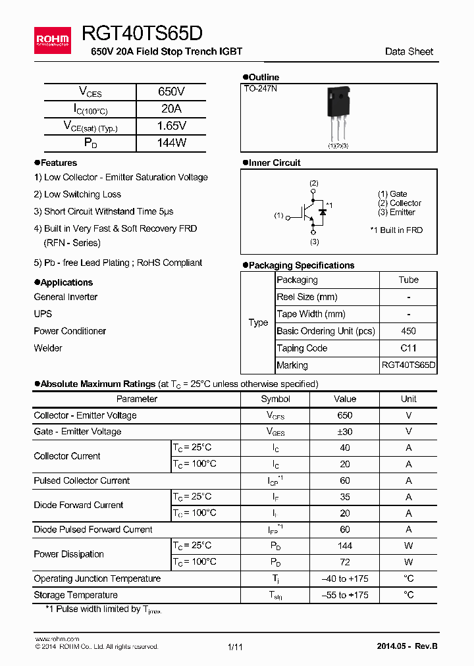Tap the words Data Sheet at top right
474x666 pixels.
[409, 51]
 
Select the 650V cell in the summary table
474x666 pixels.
[171, 92]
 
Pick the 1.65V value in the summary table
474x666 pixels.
[171, 126]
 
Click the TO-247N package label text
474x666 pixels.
[261, 88]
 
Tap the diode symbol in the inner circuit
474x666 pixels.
[323, 212]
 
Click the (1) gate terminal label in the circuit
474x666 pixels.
[278, 215]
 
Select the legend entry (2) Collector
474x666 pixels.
[400, 203]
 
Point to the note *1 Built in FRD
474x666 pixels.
[396, 230]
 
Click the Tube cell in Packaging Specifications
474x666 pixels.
[408, 280]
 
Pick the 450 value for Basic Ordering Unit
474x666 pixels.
[408, 331]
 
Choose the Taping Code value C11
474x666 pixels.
[408, 348]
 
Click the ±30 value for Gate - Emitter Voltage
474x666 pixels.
[344, 432]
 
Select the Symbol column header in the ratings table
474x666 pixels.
[275, 399]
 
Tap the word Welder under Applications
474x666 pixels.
[48, 348]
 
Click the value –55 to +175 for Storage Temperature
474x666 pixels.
[344, 595]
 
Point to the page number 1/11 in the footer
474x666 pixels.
[235, 647]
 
